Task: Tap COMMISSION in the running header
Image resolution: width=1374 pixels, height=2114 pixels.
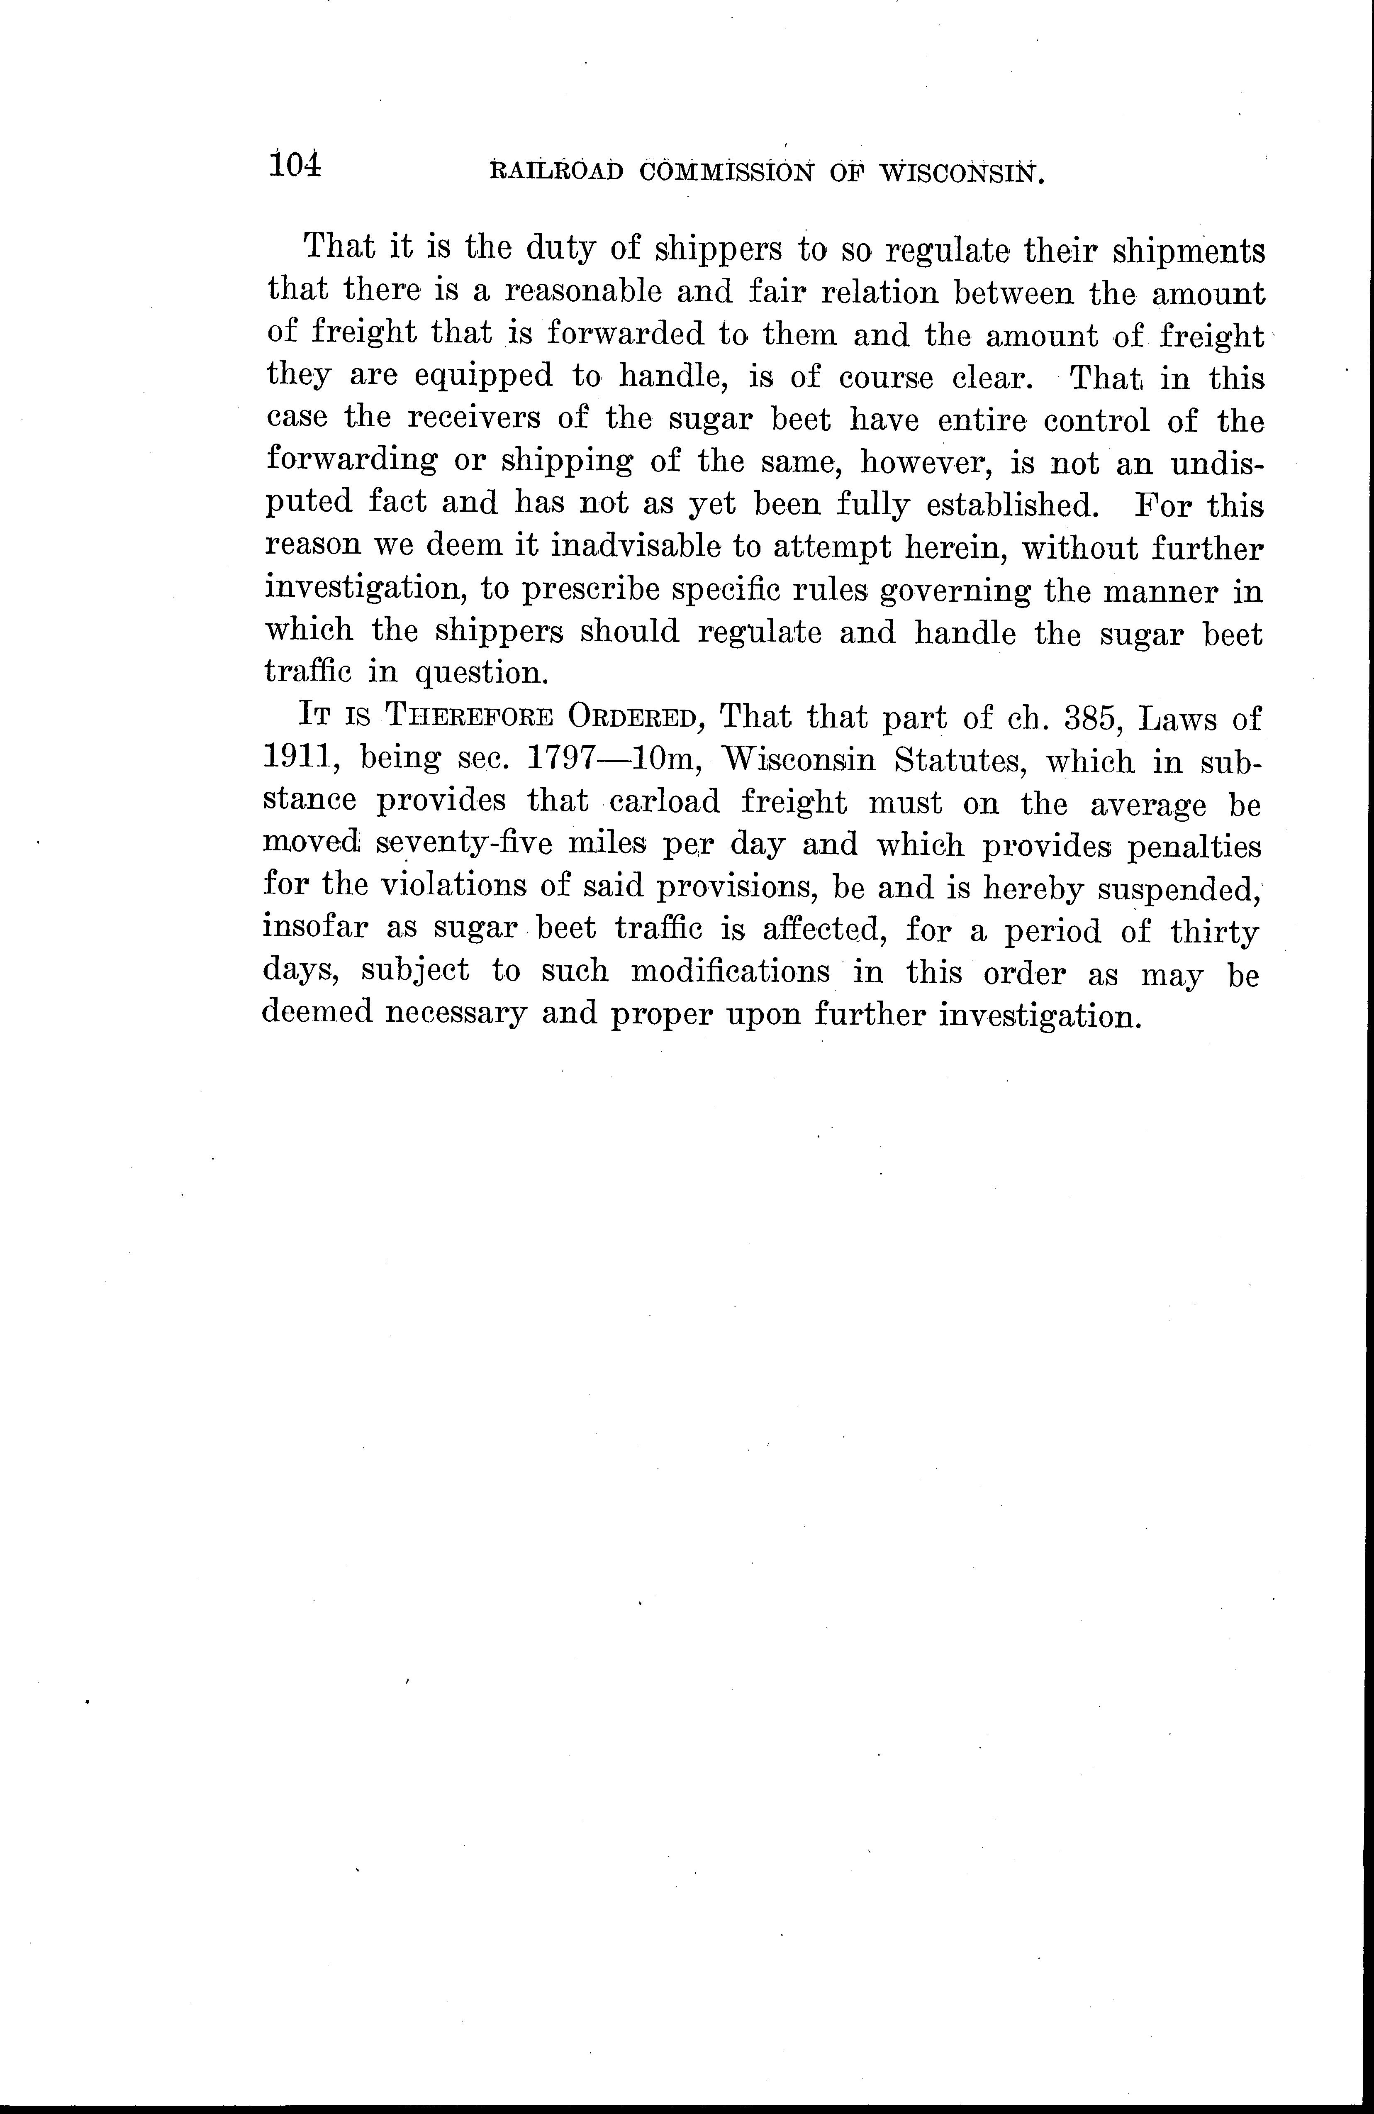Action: [726, 171]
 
